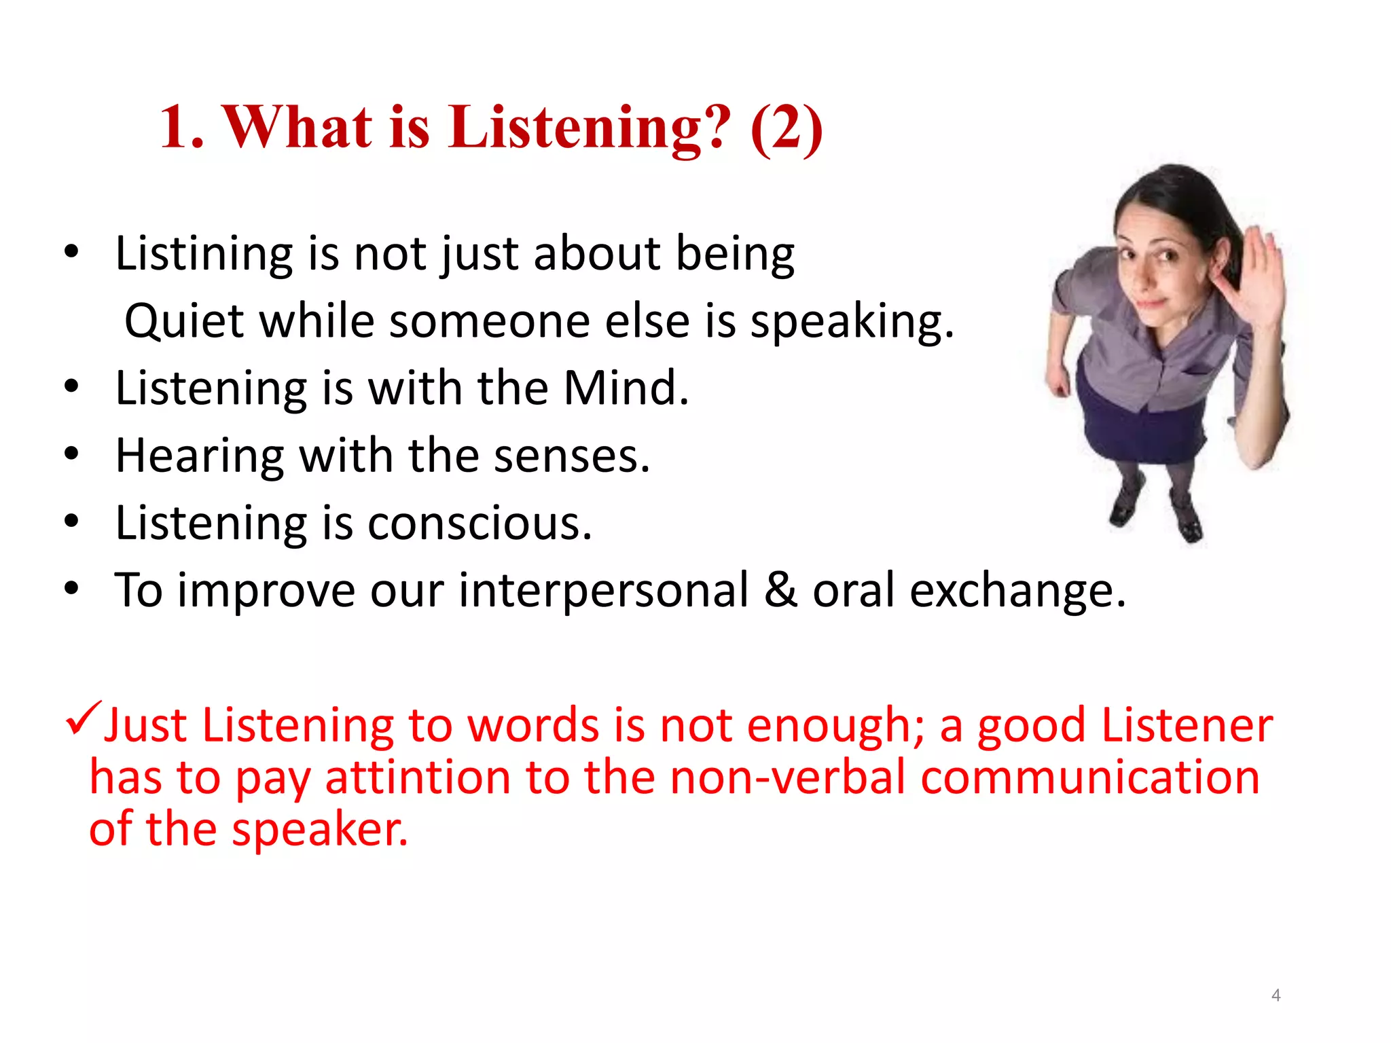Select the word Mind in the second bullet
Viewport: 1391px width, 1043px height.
point(626,388)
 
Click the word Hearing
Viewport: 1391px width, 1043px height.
point(199,456)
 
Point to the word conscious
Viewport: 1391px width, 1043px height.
point(480,524)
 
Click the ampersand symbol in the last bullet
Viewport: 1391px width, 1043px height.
point(780,590)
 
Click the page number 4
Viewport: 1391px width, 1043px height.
point(1276,995)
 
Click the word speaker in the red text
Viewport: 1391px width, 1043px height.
point(319,830)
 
